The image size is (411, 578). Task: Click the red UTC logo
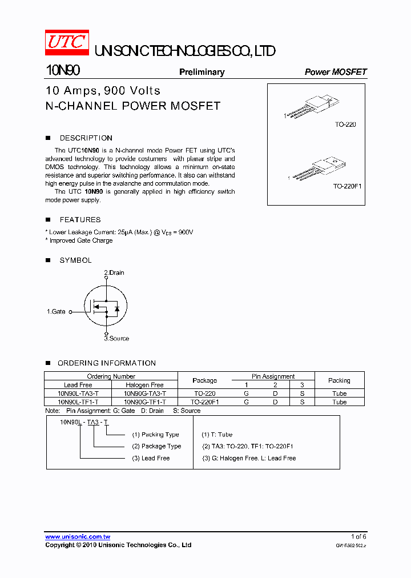67,43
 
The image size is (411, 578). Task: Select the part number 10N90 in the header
62,71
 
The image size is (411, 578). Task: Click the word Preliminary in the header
202,72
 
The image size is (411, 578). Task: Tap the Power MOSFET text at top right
335,72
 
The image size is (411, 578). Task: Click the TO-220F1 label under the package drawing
347,187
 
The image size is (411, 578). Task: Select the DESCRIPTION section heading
86,138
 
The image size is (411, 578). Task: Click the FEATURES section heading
80,220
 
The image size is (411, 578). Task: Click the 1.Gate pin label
56,312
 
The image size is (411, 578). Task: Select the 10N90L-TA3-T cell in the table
78,394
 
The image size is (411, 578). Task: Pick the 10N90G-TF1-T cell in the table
144,402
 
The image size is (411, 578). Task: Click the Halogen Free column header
144,385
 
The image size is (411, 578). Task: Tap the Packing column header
339,380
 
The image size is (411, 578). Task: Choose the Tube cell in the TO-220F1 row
339,402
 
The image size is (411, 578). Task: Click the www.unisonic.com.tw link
78,537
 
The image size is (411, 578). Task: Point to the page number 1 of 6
358,536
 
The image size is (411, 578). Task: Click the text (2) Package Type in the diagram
156,446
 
